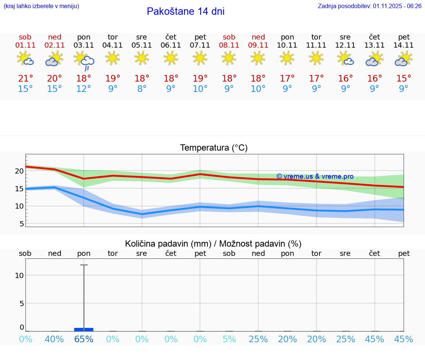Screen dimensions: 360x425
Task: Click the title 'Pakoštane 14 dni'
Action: (186, 11)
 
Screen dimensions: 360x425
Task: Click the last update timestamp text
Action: (370, 6)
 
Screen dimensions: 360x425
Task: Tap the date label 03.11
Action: (84, 45)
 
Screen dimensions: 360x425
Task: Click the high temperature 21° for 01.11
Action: (25, 78)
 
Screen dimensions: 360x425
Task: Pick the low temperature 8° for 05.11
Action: (142, 89)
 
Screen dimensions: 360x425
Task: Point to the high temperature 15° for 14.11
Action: (404, 78)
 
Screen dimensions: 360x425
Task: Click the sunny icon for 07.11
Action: (200, 58)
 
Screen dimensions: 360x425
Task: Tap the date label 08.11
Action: (229, 45)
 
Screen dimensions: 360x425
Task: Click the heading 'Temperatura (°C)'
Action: (214, 148)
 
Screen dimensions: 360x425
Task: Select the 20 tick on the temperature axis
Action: (20, 171)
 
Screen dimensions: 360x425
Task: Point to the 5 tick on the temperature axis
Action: (22, 224)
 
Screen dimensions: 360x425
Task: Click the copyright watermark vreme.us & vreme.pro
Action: (315, 176)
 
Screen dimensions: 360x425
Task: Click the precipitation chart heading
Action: (213, 244)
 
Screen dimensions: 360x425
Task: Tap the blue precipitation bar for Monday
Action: (84, 329)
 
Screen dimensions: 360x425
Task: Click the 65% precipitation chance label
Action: (84, 339)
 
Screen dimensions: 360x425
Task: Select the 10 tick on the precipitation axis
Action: (20, 275)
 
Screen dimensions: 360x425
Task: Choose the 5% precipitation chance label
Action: (229, 339)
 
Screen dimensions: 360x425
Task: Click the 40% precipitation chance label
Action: (55, 339)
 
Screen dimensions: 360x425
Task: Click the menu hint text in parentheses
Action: (41, 6)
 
